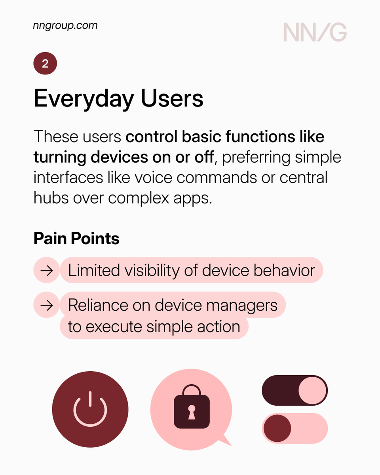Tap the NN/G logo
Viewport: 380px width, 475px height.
tap(315, 32)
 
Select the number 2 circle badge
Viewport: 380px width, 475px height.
tap(45, 64)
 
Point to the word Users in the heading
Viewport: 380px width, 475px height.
tap(172, 99)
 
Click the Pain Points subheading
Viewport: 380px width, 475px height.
tap(76, 239)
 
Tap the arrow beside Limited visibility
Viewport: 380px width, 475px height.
tap(47, 271)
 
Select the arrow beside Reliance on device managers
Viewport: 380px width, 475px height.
tap(47, 305)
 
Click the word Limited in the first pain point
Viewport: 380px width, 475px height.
tap(94, 271)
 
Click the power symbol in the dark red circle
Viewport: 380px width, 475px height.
tap(90, 409)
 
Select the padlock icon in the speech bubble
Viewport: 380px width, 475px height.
tap(192, 407)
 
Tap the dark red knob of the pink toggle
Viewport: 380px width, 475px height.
tap(277, 428)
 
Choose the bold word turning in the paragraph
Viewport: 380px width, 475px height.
tap(61, 157)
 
